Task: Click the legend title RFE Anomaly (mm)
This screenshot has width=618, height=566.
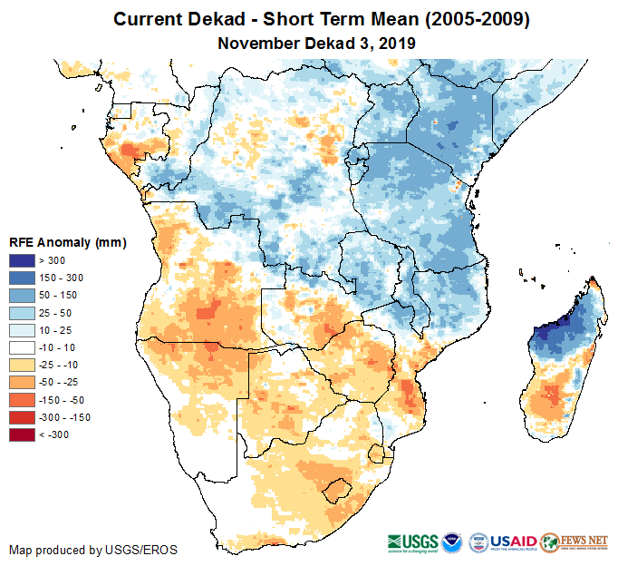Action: pyautogui.click(x=68, y=243)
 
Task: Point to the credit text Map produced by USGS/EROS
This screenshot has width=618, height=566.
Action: pyautogui.click(x=93, y=550)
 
